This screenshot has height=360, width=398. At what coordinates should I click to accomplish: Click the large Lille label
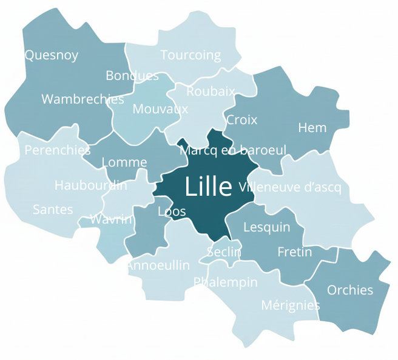pyautogui.click(x=208, y=187)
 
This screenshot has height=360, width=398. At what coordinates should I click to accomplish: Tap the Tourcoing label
pyautogui.click(x=191, y=55)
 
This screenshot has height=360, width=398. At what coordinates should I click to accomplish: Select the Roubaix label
pyautogui.click(x=211, y=92)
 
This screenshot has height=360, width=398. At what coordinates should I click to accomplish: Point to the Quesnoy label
pyautogui.click(x=52, y=55)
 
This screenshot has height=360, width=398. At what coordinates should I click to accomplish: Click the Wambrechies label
pyautogui.click(x=83, y=99)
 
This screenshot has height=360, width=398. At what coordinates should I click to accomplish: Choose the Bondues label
pyautogui.click(x=132, y=76)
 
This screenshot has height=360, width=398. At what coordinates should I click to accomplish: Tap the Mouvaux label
pyautogui.click(x=160, y=109)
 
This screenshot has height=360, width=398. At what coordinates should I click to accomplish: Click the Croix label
pyautogui.click(x=241, y=120)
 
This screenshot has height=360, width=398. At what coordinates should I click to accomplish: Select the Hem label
pyautogui.click(x=312, y=128)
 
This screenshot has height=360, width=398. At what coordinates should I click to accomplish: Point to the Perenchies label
pyautogui.click(x=58, y=150)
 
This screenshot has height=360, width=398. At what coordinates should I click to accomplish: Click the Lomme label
pyautogui.click(x=124, y=162)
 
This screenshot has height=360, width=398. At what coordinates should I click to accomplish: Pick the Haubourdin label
pyautogui.click(x=91, y=185)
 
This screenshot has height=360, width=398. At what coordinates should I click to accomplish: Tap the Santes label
pyautogui.click(x=53, y=210)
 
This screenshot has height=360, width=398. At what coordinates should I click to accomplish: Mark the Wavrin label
pyautogui.click(x=111, y=219)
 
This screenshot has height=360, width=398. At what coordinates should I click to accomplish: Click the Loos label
pyautogui.click(x=172, y=212)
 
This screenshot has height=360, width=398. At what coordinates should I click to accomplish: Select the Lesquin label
pyautogui.click(x=266, y=227)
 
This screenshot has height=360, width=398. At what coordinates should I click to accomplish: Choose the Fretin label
pyautogui.click(x=294, y=252)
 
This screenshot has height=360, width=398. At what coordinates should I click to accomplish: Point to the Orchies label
pyautogui.click(x=350, y=290)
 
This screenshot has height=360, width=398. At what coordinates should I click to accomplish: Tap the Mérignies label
pyautogui.click(x=290, y=305)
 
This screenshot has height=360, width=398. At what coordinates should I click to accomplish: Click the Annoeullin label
pyautogui.click(x=158, y=265)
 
